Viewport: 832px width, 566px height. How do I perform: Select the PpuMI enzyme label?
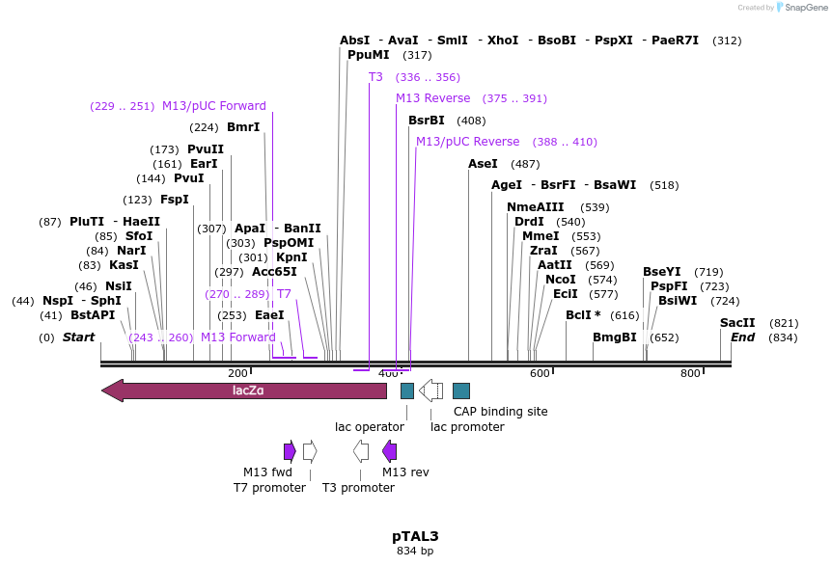pyautogui.click(x=369, y=55)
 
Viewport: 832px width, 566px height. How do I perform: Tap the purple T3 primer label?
pyautogui.click(x=375, y=77)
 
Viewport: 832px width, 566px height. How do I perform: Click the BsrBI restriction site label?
pyautogui.click(x=427, y=121)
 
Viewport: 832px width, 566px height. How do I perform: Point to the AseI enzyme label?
pyautogui.click(x=483, y=164)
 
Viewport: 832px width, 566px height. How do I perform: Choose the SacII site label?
pyautogui.click(x=737, y=323)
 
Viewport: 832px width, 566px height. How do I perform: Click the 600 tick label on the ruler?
pyautogui.click(x=540, y=373)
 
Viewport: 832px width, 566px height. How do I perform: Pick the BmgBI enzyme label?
pyautogui.click(x=615, y=337)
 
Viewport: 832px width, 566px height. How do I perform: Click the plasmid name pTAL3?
pyautogui.click(x=415, y=535)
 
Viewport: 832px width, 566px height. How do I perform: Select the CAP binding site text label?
pyautogui.click(x=500, y=412)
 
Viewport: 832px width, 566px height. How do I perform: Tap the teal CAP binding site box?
pyautogui.click(x=461, y=391)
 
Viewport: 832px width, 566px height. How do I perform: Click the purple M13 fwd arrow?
pyautogui.click(x=290, y=451)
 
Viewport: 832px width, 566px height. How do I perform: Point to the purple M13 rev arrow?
pyautogui.click(x=390, y=451)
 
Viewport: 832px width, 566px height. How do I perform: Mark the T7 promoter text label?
pyautogui.click(x=269, y=488)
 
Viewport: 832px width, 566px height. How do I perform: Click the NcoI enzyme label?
pyautogui.click(x=561, y=280)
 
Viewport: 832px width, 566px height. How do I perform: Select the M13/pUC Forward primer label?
pyautogui.click(x=214, y=106)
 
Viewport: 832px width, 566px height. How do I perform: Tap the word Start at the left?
pyautogui.click(x=79, y=337)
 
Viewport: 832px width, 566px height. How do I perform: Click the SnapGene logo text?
pyautogui.click(x=806, y=8)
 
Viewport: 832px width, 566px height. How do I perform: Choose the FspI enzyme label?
pyautogui.click(x=175, y=200)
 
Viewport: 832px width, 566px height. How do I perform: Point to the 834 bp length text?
pyautogui.click(x=415, y=552)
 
